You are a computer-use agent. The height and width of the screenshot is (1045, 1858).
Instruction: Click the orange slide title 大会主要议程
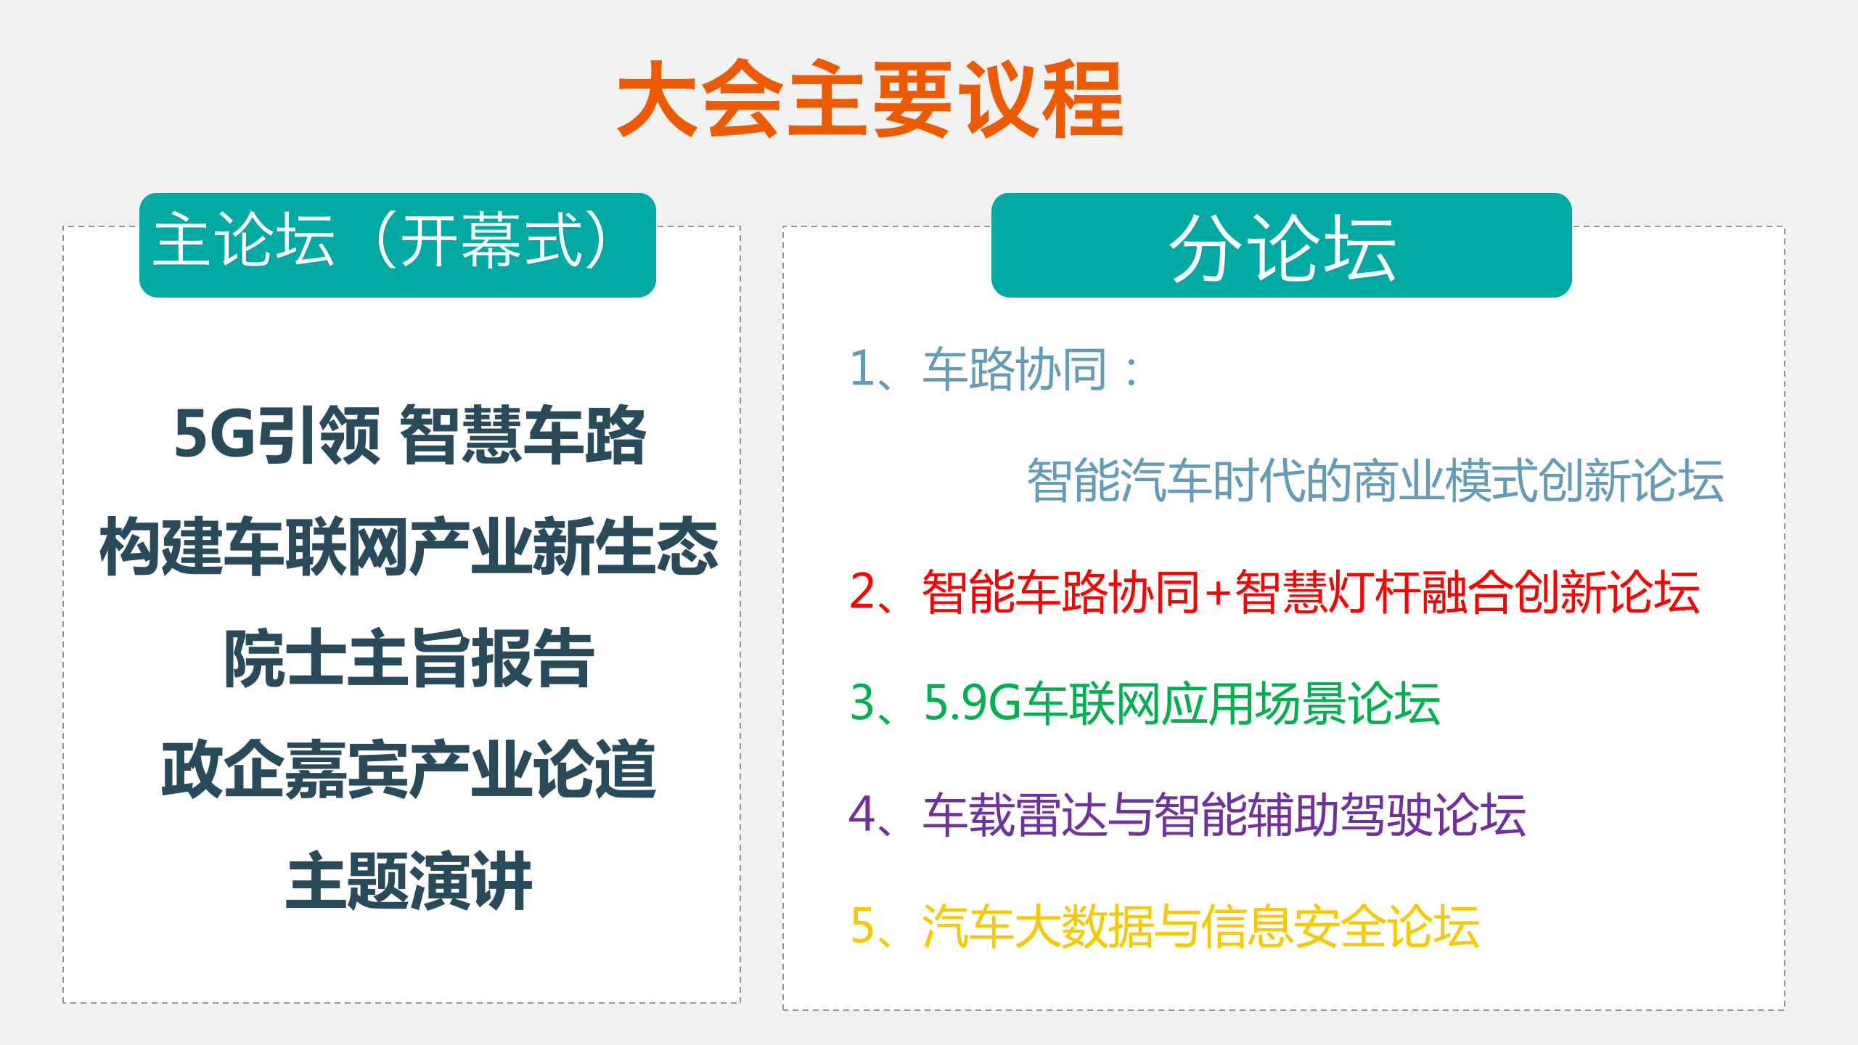point(870,99)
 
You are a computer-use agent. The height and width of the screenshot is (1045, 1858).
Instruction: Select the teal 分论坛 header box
point(1281,245)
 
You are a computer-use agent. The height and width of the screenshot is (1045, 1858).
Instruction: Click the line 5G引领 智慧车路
point(410,435)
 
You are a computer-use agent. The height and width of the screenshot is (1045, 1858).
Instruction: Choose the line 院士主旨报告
point(409,658)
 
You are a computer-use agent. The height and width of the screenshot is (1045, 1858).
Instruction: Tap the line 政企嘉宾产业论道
point(409,770)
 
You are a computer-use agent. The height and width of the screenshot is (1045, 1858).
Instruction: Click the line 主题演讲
point(409,882)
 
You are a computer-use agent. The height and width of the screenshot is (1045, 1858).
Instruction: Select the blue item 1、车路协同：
point(994,369)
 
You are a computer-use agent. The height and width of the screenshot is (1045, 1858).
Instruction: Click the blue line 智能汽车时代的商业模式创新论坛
point(1375,480)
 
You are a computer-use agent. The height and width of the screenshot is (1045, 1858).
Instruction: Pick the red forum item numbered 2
point(1274,592)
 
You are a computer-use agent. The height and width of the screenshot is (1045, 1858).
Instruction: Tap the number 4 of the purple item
point(862,814)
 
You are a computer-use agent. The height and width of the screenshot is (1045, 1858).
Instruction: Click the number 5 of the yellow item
point(862,925)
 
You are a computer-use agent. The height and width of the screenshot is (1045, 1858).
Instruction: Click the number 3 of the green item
point(862,702)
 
